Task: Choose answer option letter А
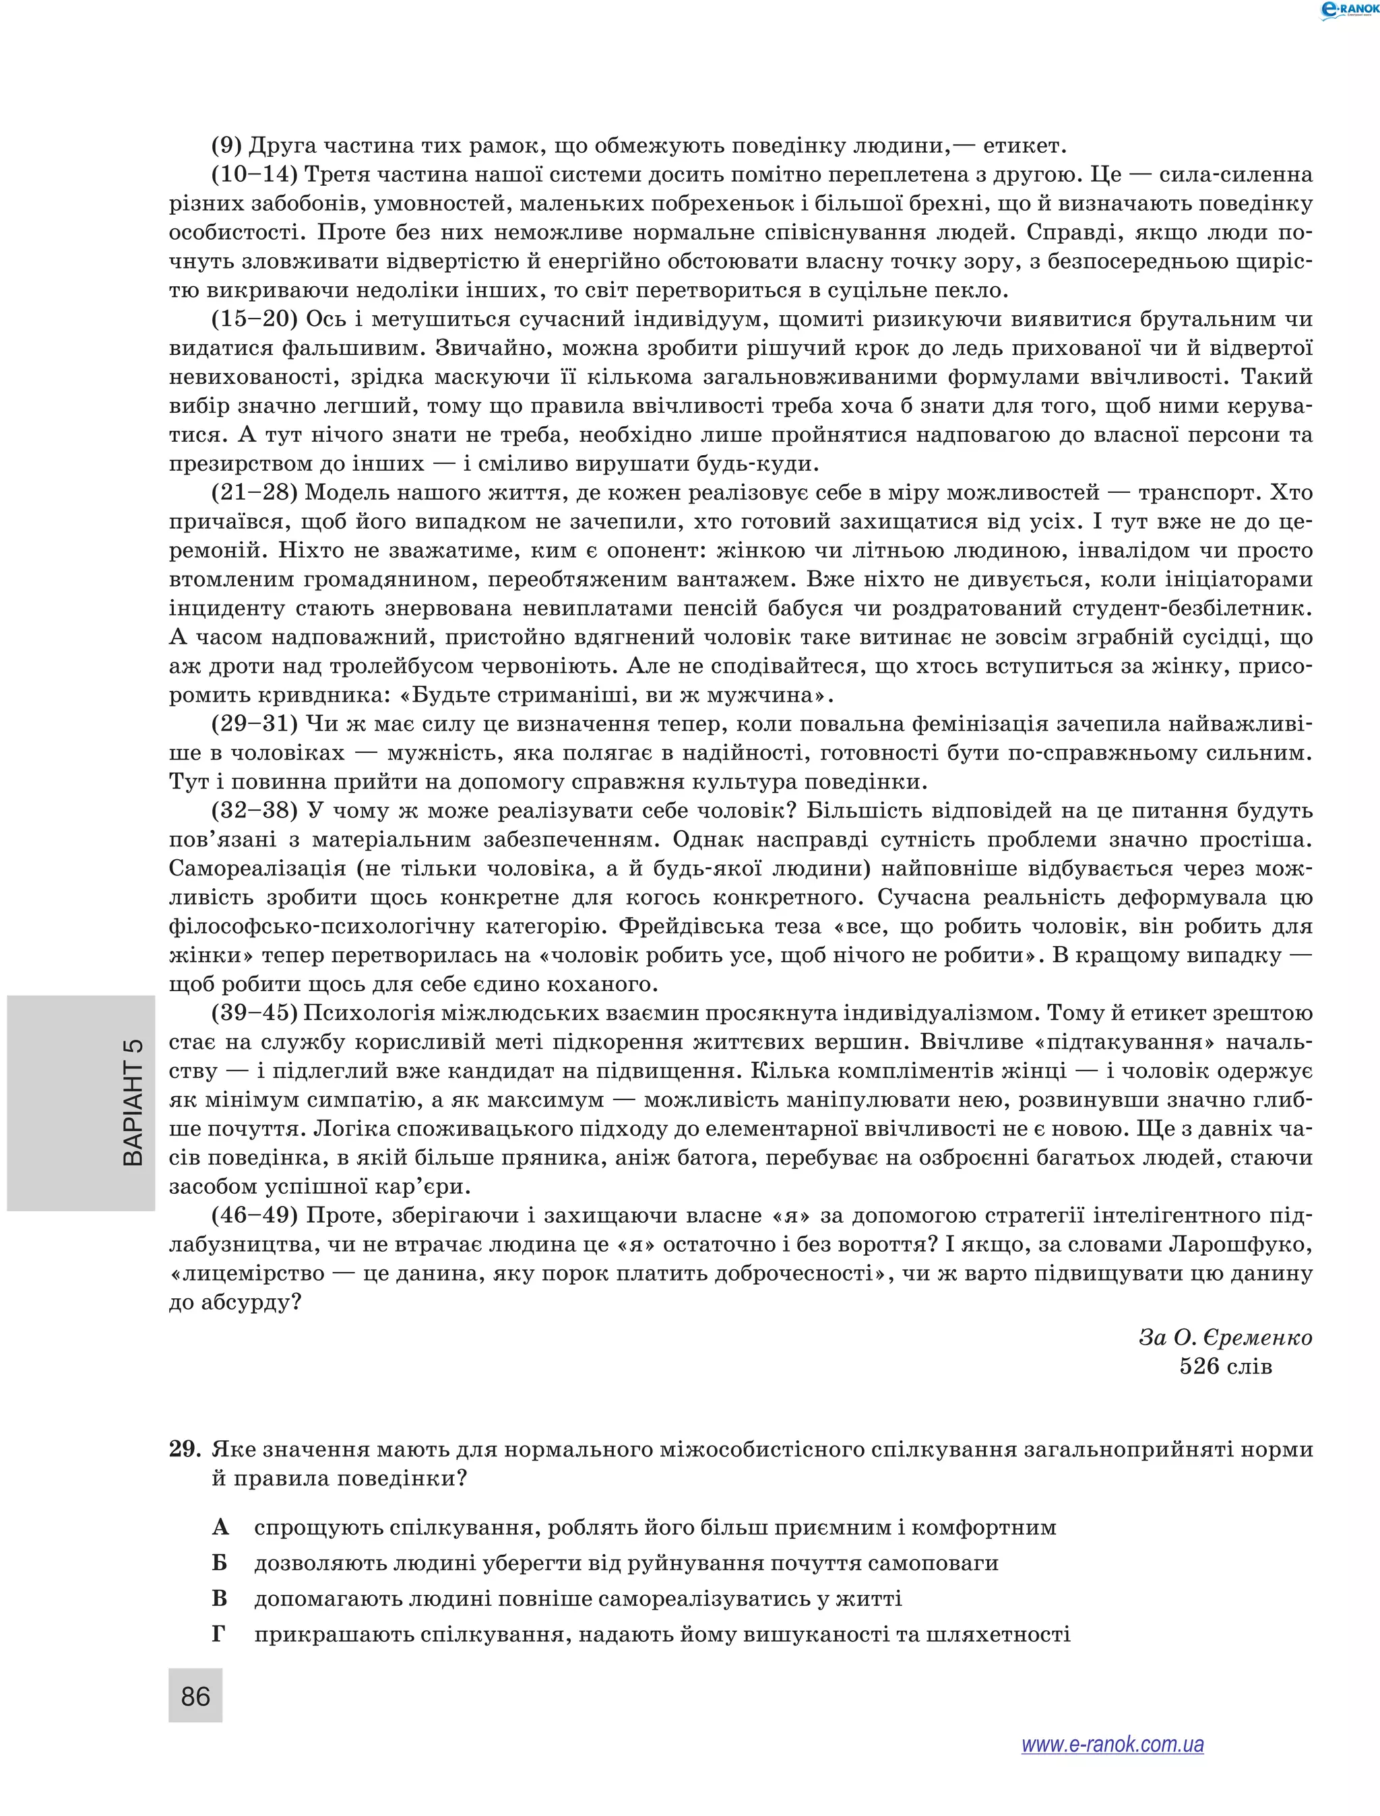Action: pyautogui.click(x=220, y=1527)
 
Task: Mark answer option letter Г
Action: pyautogui.click(x=218, y=1634)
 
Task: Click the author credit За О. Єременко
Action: pyautogui.click(x=1225, y=1337)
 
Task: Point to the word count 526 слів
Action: pyautogui.click(x=1225, y=1366)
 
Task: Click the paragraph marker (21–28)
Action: pyautogui.click(x=255, y=493)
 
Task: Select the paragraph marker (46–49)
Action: pyautogui.click(x=255, y=1215)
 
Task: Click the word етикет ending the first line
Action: pyautogui.click(x=1024, y=146)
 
